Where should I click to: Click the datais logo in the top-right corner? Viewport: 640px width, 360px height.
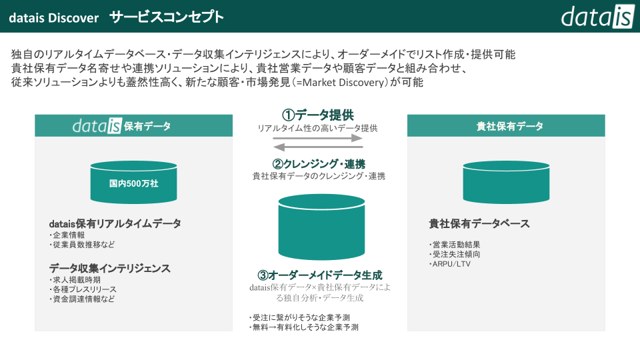point(596,16)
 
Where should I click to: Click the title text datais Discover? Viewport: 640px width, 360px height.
point(53,17)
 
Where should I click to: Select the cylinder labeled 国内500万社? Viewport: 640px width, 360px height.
point(133,182)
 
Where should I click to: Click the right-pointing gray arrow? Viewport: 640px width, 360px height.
point(318,138)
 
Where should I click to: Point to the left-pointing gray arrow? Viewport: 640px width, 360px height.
point(318,147)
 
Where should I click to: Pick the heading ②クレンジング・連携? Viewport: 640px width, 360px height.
point(318,164)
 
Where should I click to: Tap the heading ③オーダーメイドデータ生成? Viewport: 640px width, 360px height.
point(319,275)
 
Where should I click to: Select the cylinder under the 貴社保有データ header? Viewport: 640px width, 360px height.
point(506,182)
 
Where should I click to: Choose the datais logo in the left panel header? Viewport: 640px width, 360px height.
point(97,125)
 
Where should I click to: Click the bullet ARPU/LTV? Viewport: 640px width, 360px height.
point(451,264)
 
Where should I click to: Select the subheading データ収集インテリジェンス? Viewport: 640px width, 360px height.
point(109,269)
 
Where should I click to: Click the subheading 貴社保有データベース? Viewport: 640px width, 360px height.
point(479,224)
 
